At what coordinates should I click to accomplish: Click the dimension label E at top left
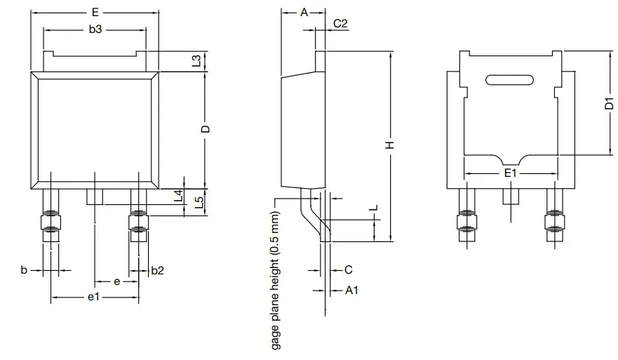(x=95, y=13)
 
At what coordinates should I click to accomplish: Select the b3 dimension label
(x=95, y=30)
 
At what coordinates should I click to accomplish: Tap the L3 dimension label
(x=197, y=60)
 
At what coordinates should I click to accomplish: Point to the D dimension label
(x=205, y=130)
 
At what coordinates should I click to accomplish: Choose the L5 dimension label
(x=199, y=204)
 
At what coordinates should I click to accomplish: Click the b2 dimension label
(x=158, y=270)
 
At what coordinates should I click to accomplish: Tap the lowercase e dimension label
(x=116, y=281)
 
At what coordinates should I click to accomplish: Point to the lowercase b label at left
(x=23, y=270)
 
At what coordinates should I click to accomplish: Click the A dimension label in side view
(x=303, y=13)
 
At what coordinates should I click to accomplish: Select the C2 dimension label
(x=340, y=23)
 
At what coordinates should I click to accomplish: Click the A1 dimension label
(x=351, y=290)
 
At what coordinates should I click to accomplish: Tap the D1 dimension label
(x=609, y=104)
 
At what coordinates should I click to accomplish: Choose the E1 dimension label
(x=510, y=173)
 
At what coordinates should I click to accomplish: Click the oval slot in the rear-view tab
(x=510, y=80)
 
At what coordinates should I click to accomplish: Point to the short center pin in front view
(x=95, y=196)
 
